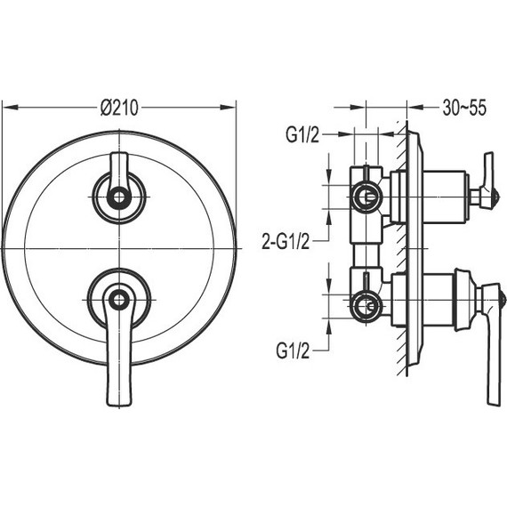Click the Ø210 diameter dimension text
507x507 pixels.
click(119, 108)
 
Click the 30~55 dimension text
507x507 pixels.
click(464, 108)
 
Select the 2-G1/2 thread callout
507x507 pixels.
click(286, 241)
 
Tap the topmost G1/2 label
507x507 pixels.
click(302, 134)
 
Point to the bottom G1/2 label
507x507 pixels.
click(293, 350)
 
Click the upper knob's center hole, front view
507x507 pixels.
click(119, 197)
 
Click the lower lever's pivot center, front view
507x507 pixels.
click(119, 300)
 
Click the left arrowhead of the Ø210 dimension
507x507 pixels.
click(11, 108)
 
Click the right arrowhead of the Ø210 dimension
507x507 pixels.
click(228, 108)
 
